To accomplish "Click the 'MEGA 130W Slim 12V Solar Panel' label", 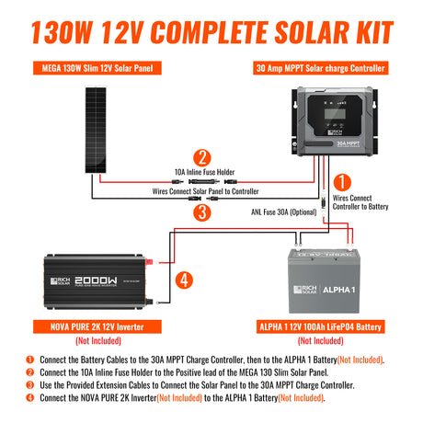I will tap(93, 68).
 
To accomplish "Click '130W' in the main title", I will tap(65, 31).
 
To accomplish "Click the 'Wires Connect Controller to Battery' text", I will tap(360, 202).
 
